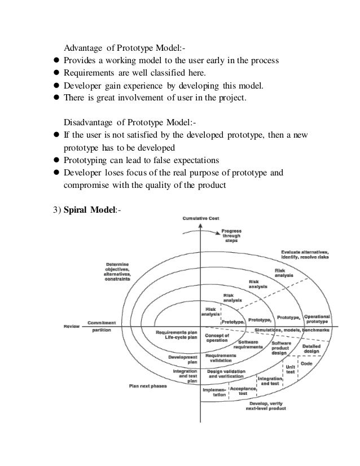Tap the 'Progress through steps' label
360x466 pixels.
231,236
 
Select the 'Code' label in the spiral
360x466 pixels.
306,364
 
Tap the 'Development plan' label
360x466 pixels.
183,359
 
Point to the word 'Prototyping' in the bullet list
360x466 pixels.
85,160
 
